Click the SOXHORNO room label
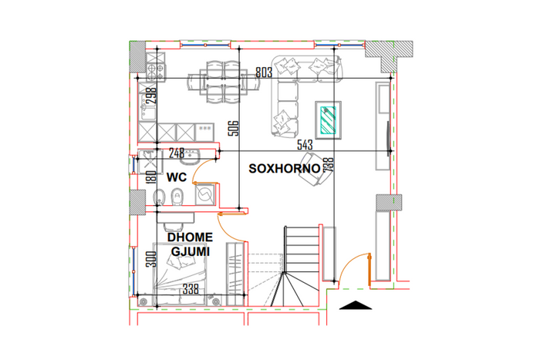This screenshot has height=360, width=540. pos(285,169)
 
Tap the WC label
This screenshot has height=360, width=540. pos(177,177)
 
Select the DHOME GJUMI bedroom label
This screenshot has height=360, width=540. pos(190,244)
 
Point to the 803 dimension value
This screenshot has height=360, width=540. pos(264,72)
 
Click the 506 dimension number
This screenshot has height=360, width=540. pos(234,128)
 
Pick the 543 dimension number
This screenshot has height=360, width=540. pos(305,145)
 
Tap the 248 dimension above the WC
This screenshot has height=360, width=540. pos(177,153)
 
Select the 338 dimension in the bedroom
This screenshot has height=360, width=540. pos(191,289)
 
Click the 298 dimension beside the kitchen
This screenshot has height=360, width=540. pos(151,96)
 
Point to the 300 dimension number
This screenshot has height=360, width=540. pos(151,259)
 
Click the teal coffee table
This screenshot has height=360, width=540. pos(328,119)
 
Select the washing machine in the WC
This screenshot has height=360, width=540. pos(205,195)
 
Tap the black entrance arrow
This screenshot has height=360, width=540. pos(356,305)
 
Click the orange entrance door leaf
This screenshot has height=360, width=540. pos(370,270)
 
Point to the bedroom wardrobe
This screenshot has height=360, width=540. pos(235,274)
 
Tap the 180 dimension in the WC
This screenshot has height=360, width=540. pos(151,177)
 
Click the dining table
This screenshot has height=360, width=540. pos(223,82)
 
